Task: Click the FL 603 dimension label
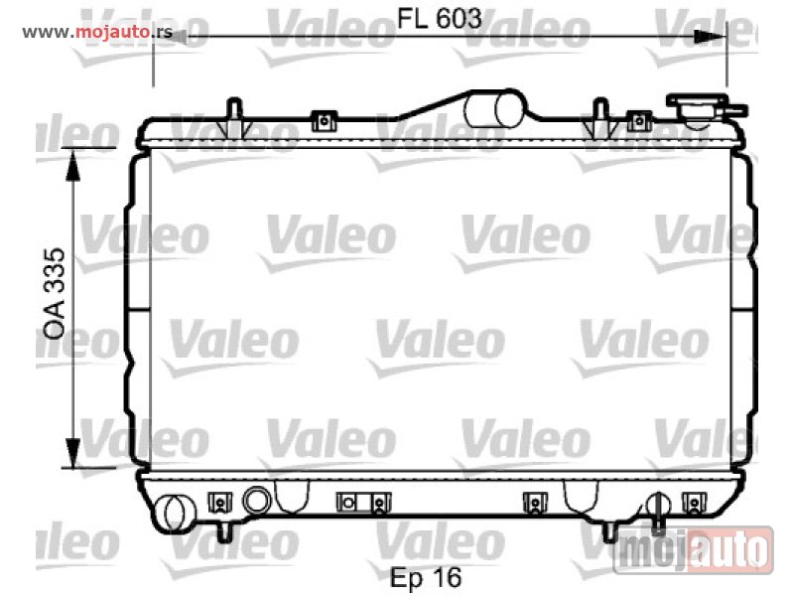click(x=439, y=19)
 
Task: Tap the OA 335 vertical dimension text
click(x=55, y=293)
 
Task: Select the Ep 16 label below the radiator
click(x=426, y=577)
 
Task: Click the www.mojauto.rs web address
click(x=97, y=33)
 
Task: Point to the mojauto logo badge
click(x=694, y=550)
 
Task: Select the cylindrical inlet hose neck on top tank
click(x=493, y=108)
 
